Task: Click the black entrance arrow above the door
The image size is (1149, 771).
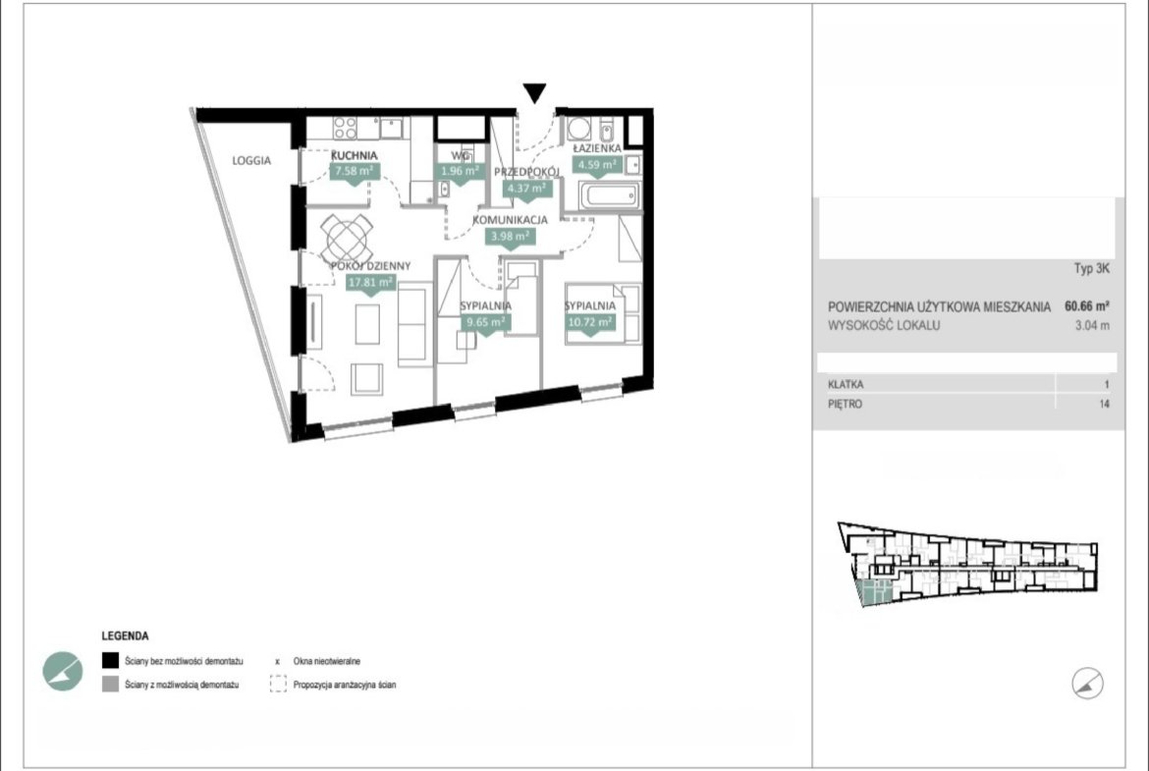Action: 534,92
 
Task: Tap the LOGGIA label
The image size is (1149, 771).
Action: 251,160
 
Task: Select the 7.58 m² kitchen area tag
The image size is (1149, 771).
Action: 354,172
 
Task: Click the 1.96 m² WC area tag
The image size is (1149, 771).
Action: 460,172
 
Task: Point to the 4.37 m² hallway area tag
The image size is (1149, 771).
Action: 526,189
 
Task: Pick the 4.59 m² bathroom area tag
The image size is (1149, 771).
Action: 596,165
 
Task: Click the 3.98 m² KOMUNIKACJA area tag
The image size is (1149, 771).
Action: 510,236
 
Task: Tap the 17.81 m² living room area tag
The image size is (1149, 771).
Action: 370,282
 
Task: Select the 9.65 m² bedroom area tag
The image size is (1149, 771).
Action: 484,322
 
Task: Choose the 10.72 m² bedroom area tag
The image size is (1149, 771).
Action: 590,322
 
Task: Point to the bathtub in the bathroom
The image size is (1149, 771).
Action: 609,196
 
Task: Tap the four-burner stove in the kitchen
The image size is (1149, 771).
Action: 345,128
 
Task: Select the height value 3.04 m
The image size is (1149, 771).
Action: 1092,325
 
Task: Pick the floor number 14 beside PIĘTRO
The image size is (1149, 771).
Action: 1104,404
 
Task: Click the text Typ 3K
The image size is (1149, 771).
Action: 1092,268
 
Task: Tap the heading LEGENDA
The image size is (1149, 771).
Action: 126,636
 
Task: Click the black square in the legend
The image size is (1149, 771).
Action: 110,660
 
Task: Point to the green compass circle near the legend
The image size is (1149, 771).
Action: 62,671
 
